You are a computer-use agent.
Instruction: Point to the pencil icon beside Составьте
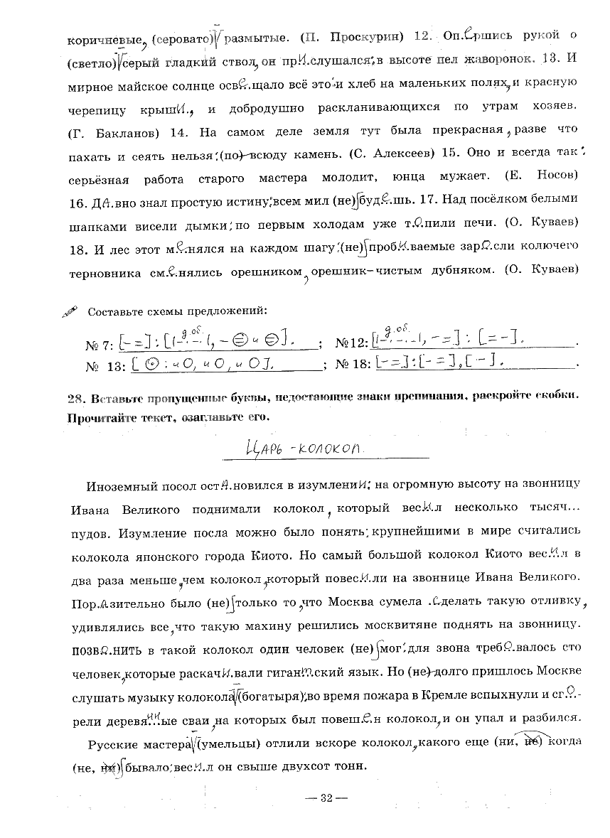71,311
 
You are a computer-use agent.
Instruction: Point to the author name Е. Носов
545,175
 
